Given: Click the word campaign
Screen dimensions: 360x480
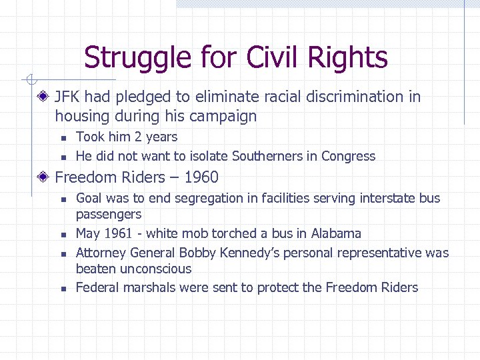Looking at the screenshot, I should tap(223, 117).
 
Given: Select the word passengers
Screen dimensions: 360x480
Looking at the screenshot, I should tap(109, 215).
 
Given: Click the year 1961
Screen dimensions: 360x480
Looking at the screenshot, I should tap(120, 234).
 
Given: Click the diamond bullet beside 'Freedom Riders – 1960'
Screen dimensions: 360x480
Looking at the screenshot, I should tap(43, 177).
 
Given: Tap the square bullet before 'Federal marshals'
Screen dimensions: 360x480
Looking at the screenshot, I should tap(62, 289).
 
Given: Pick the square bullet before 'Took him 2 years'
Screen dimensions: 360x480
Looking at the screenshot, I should tap(62, 138).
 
